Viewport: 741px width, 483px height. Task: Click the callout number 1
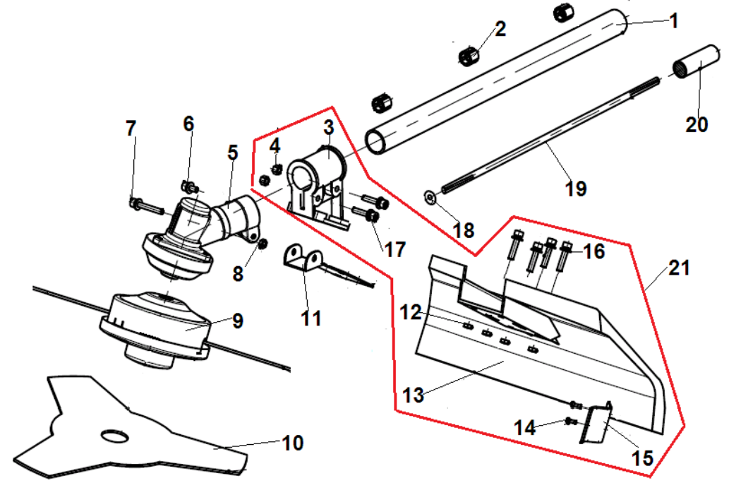click(673, 21)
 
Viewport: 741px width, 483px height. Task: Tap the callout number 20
click(697, 124)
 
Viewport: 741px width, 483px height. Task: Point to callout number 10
click(292, 443)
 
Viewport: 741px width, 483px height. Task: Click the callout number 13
click(413, 395)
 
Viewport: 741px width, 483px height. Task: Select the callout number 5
click(233, 153)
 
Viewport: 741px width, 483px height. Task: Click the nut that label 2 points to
click(471, 54)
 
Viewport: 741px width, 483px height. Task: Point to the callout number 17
click(396, 249)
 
